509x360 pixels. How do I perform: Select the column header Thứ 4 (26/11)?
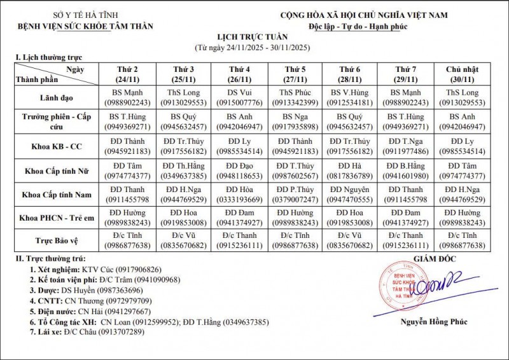point(239,74)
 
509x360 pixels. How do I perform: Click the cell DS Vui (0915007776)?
point(239,97)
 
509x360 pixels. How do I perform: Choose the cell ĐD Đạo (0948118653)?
point(239,170)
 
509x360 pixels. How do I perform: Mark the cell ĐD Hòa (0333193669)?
point(239,195)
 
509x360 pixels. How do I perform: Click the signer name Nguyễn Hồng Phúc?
point(433,322)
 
